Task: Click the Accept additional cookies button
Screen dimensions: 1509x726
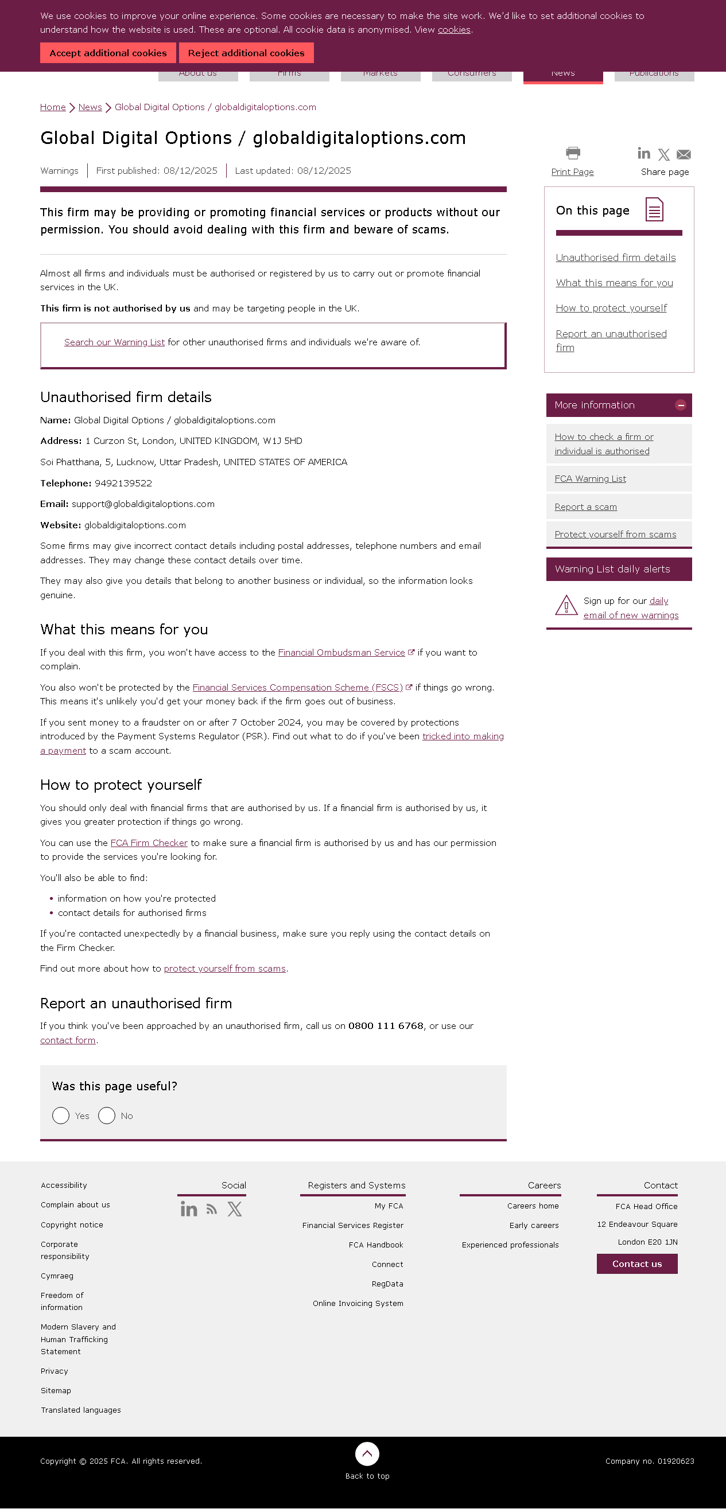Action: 108,53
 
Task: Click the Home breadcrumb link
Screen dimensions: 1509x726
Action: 53,107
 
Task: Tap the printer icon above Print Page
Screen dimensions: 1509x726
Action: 573,154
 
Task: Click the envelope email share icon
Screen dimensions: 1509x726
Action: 683,155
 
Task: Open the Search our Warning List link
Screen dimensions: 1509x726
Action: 114,342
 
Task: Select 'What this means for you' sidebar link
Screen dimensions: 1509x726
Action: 614,283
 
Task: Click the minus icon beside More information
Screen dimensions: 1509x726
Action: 680,405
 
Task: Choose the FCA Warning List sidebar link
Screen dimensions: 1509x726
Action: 590,478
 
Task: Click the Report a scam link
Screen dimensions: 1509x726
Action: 585,506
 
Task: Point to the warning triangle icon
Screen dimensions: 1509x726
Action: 566,606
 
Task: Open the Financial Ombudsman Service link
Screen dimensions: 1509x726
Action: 341,653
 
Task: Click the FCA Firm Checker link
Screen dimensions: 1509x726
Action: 149,843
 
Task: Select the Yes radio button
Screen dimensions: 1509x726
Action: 61,1116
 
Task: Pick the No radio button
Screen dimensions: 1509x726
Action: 107,1116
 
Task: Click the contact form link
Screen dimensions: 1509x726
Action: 67,1040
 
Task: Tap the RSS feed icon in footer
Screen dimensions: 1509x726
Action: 212,1210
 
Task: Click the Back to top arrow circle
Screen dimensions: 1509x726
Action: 367,1454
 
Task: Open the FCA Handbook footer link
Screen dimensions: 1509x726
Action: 375,1245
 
